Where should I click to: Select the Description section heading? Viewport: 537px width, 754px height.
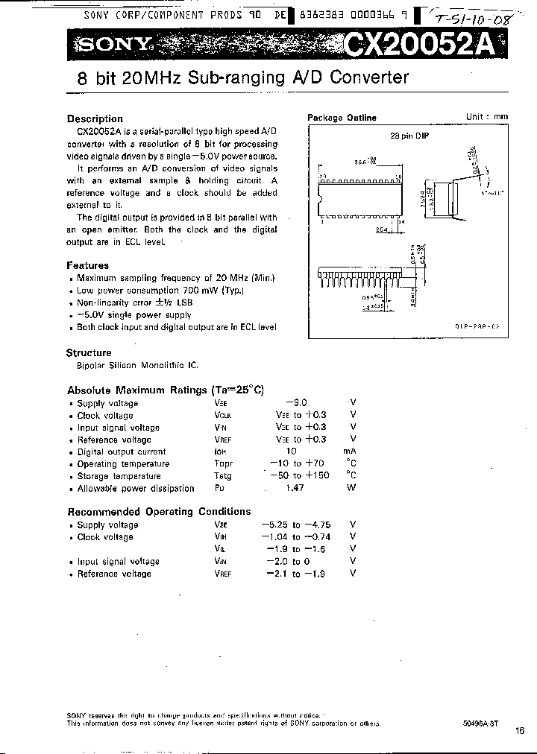(x=95, y=118)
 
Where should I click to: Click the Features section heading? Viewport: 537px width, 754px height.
(x=87, y=265)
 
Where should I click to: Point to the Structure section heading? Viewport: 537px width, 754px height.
(x=89, y=352)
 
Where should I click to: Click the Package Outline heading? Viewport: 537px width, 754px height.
(x=342, y=118)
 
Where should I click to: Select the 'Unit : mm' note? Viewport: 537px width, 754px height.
(x=487, y=117)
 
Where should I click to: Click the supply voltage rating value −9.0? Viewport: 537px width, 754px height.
(x=295, y=403)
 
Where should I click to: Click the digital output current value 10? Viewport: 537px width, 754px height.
(x=292, y=452)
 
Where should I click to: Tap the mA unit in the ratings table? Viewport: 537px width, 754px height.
(x=350, y=452)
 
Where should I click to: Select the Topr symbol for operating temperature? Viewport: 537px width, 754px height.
(x=223, y=463)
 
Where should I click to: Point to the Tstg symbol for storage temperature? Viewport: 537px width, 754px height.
(x=222, y=476)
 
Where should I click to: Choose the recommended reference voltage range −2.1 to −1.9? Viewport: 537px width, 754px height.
(x=295, y=574)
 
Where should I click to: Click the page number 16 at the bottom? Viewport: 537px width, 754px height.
(x=519, y=730)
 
